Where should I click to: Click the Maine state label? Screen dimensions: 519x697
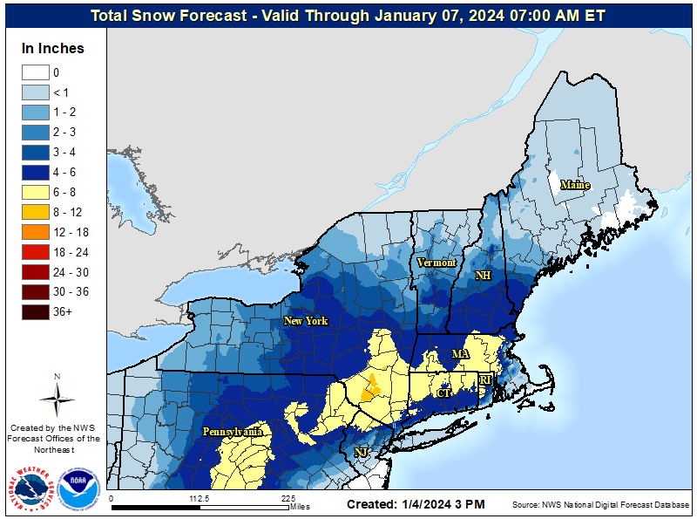pos(574,185)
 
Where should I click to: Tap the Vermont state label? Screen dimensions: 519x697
pos(436,262)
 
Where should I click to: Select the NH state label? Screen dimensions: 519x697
pos(483,275)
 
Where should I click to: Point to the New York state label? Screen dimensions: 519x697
pos(306,321)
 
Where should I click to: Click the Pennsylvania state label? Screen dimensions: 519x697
pos(233,432)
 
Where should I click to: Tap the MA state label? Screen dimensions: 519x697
pos(460,353)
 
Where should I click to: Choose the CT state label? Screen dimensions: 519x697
pos(443,393)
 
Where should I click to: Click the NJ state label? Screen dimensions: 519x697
pos(361,453)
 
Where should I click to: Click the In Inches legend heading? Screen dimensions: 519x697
pos(53,48)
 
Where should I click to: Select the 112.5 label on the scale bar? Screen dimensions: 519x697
pos(200,499)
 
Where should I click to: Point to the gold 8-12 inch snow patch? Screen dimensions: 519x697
pos(370,386)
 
